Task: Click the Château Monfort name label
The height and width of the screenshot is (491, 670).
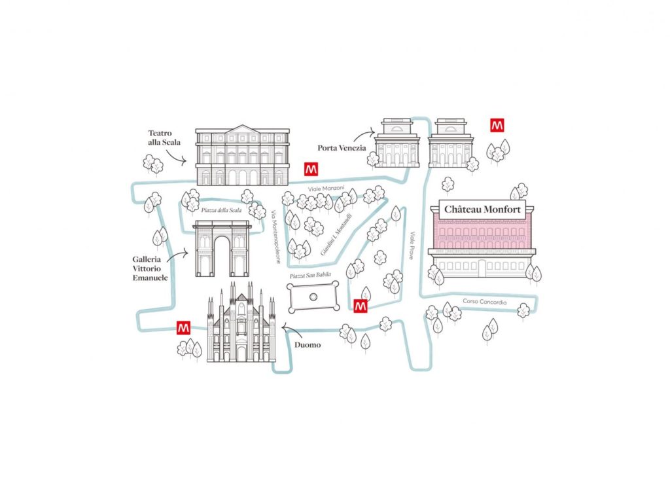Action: click(x=482, y=209)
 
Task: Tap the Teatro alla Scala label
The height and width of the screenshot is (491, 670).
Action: click(x=164, y=137)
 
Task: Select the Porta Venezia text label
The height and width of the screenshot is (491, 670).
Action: click(x=342, y=148)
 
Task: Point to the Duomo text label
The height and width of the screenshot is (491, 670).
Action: click(x=308, y=345)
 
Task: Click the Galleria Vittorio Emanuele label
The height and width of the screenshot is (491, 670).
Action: click(x=150, y=268)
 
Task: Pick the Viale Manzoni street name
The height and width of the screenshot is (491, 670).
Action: click(x=326, y=189)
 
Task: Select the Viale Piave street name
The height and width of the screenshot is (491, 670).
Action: click(x=412, y=245)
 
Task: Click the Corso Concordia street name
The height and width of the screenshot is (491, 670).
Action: click(x=485, y=302)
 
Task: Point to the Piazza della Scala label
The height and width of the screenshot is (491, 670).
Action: click(x=221, y=210)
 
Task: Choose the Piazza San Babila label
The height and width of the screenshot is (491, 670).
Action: click(x=310, y=276)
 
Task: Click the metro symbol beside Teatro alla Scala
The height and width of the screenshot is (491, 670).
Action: click(x=311, y=169)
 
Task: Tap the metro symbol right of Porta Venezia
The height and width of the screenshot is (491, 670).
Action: click(x=497, y=125)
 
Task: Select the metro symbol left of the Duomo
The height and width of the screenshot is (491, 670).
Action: click(x=183, y=327)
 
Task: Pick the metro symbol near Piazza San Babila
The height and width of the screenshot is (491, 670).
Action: click(x=361, y=306)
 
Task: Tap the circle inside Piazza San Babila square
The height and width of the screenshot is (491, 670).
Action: click(x=313, y=295)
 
